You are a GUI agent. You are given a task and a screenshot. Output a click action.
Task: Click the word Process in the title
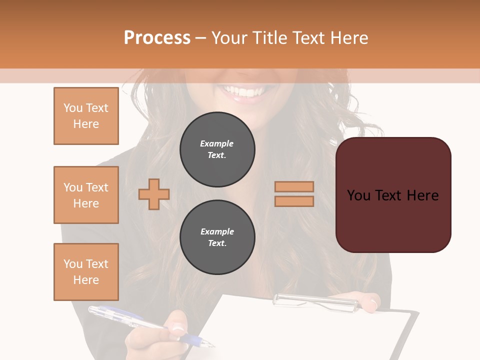[x=157, y=38]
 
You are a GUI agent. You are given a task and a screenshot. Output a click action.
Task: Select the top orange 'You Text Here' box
[x=86, y=116]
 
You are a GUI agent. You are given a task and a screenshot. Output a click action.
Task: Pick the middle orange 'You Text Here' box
[x=86, y=195]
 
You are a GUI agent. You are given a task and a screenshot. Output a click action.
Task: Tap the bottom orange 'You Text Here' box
[x=86, y=272]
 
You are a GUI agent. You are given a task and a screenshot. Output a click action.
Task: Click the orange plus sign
[x=154, y=193]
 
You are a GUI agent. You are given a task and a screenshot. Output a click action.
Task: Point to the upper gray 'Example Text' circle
[x=217, y=149]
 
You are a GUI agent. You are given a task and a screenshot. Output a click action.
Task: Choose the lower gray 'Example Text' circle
[x=217, y=237]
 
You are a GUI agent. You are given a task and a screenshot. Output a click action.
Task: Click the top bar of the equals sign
[x=294, y=187]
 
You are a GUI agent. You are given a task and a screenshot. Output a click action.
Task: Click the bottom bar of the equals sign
[x=294, y=201]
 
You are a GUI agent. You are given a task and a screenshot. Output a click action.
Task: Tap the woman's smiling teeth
[x=244, y=92]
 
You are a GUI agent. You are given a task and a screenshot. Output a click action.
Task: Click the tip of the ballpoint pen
[x=212, y=345]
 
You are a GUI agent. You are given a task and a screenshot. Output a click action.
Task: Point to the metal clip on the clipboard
[x=315, y=300]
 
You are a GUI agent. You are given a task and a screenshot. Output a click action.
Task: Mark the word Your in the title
[x=228, y=38]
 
